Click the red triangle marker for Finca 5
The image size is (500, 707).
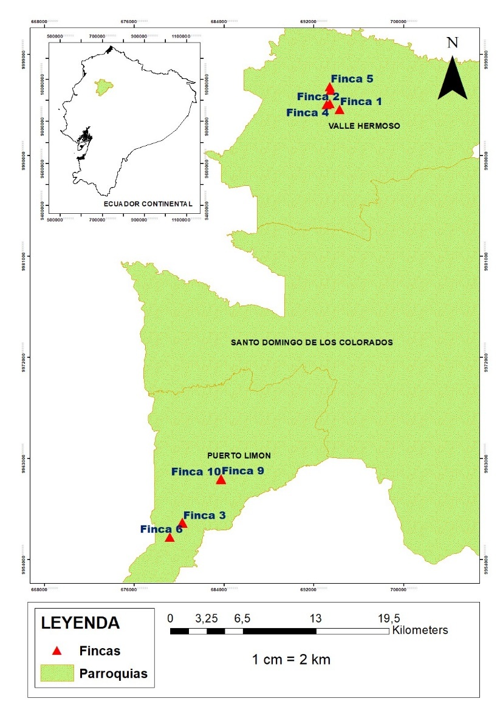330,88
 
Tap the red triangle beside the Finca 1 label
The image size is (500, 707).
339,109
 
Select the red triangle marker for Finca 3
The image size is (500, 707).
182,523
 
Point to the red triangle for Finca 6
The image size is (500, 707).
170,537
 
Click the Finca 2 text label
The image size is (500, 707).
318,97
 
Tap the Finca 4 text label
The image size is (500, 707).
307,112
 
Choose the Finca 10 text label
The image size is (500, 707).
196,471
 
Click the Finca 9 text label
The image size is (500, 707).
242,470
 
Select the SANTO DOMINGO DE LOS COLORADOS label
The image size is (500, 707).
312,343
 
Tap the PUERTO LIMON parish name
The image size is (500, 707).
239,455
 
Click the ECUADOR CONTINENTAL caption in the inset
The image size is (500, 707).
148,203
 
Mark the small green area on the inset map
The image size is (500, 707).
104,87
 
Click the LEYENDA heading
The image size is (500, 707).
80,623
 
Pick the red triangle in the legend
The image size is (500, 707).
57,651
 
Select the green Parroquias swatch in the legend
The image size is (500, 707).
57,673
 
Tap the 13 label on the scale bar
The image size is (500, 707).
315,618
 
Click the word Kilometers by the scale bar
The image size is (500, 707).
420,630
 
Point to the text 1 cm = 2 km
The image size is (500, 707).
292,659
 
